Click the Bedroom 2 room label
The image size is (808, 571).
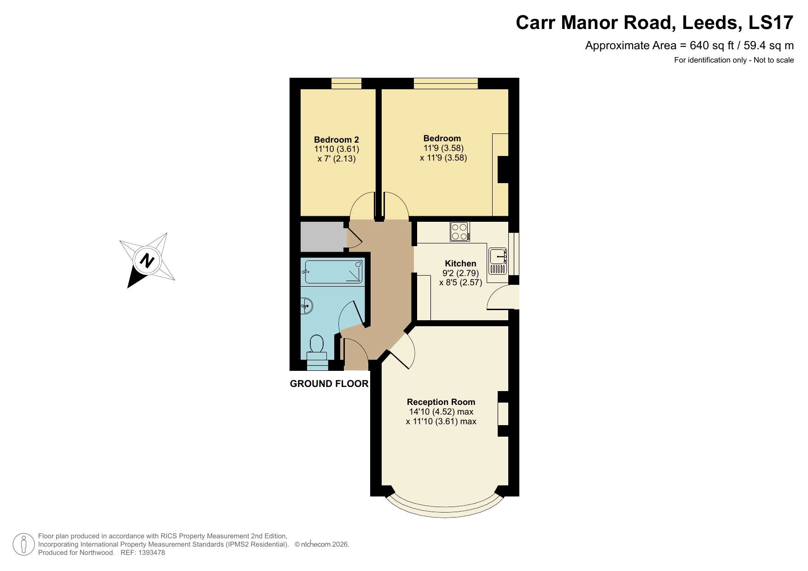point(336,140)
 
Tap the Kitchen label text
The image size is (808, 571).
point(460,264)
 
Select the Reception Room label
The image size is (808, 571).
point(441,402)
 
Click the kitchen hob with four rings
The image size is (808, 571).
point(459,231)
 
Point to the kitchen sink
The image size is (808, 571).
point(498,261)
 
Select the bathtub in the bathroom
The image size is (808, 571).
point(334,272)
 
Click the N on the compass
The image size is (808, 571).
point(147,260)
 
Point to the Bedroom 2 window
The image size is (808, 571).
point(346,83)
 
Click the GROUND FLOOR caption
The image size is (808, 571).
point(329,384)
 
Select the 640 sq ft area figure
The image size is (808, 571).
point(711,46)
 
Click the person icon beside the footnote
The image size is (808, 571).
point(23,544)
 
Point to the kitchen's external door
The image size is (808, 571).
point(503,298)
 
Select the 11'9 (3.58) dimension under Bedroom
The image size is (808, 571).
point(443,148)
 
